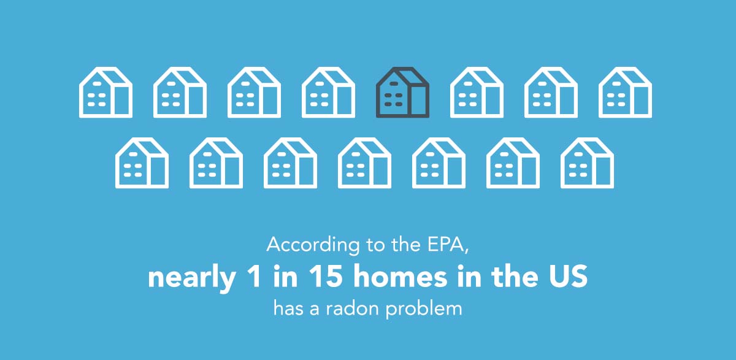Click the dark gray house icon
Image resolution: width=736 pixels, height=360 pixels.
(x=402, y=92)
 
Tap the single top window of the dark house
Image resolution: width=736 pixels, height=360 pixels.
(x=394, y=84)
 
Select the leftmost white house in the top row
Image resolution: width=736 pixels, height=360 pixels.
(x=105, y=92)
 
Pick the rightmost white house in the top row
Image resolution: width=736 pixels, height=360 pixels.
(x=625, y=92)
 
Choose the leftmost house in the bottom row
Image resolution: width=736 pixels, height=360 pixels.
(x=142, y=163)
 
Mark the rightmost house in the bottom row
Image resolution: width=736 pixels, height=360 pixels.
(x=587, y=163)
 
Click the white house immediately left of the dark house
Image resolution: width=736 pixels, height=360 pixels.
(x=328, y=92)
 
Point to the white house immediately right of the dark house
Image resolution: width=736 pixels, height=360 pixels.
(x=477, y=92)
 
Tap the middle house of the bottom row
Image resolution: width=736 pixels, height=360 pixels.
(x=365, y=163)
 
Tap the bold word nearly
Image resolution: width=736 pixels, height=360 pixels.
(x=192, y=278)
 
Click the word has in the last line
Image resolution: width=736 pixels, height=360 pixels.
(x=288, y=308)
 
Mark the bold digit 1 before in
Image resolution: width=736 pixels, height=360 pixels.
(x=255, y=277)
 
